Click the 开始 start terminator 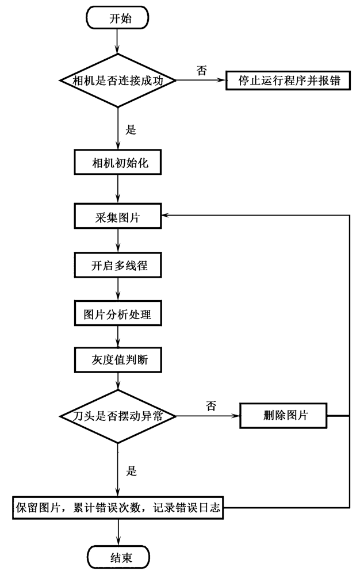click(x=118, y=18)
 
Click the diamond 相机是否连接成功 click(x=118, y=80)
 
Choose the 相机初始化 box click(x=118, y=163)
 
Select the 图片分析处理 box click(x=118, y=315)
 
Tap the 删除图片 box click(x=283, y=415)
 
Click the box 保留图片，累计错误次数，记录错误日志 click(x=118, y=508)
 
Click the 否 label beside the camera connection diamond click(x=202, y=70)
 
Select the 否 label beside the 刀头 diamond click(x=210, y=406)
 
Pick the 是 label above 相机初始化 click(x=131, y=130)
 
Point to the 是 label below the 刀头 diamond click(x=131, y=471)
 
